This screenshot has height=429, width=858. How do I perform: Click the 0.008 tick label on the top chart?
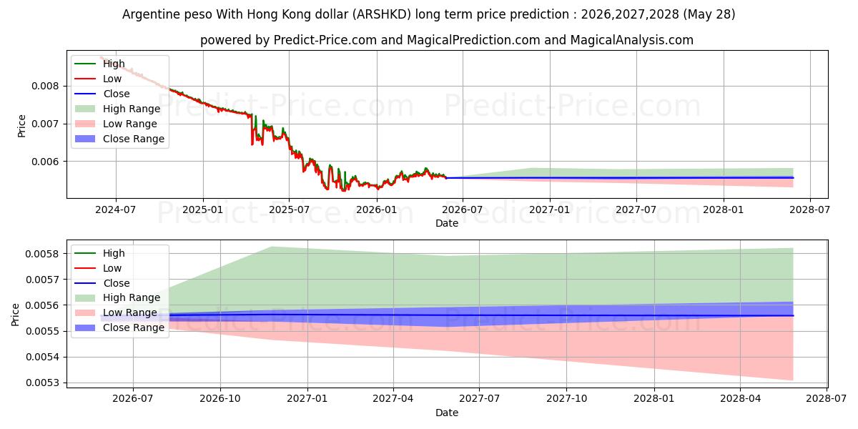(45, 86)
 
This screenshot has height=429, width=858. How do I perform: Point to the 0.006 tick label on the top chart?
(45, 162)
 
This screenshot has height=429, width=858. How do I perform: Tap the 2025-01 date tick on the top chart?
(202, 210)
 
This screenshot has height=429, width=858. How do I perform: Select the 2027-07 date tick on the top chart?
(636, 210)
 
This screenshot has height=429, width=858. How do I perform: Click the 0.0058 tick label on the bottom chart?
(42, 254)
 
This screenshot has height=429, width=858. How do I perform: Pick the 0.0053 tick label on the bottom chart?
(42, 383)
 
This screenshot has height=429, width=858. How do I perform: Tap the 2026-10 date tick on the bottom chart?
(220, 399)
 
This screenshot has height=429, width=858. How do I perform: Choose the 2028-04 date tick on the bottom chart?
(741, 399)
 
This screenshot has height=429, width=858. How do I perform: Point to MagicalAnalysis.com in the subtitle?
(631, 40)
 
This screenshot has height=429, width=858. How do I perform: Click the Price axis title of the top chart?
(21, 126)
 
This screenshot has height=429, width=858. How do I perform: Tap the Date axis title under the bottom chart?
(447, 413)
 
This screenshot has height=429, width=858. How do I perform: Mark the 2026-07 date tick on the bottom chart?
(133, 399)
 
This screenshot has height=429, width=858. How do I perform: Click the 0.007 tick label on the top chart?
(45, 124)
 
